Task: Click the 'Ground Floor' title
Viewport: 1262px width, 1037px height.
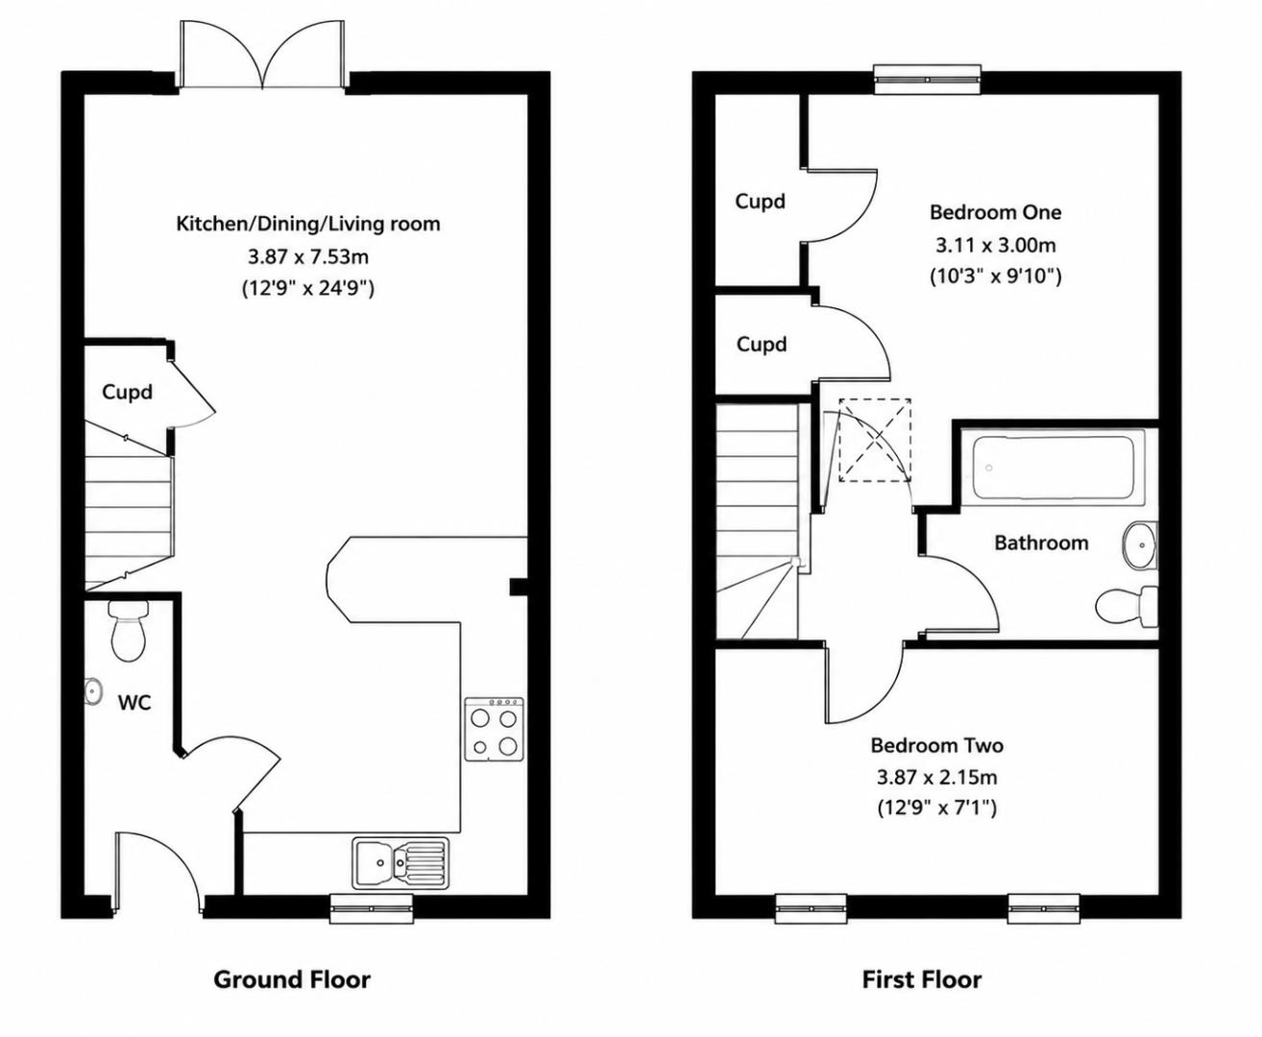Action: coord(292,980)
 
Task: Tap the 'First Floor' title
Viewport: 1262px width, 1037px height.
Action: coord(921,980)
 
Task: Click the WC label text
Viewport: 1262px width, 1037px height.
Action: coord(134,703)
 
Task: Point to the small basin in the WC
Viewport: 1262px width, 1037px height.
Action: coord(92,691)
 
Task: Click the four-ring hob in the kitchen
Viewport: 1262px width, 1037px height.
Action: coord(495,729)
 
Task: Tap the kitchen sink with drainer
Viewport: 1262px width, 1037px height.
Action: coord(400,862)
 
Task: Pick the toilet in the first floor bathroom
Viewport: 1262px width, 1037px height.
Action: coord(1127,607)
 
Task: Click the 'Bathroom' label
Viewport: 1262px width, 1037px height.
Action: coord(1041,543)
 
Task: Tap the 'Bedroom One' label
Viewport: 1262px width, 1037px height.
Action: coord(996,212)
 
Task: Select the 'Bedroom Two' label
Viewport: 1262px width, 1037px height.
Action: coord(937,746)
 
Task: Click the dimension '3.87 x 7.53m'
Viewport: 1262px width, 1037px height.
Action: coord(308,257)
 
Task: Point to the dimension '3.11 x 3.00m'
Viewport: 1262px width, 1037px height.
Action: coord(996,245)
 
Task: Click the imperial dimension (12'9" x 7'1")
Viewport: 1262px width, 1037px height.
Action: coord(937,808)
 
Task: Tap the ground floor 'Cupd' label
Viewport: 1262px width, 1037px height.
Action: coord(128,392)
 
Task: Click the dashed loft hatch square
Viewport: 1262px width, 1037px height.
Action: coord(875,440)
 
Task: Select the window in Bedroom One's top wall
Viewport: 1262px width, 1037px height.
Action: coord(927,79)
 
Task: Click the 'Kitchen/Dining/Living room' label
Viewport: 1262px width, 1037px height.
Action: coord(308,225)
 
